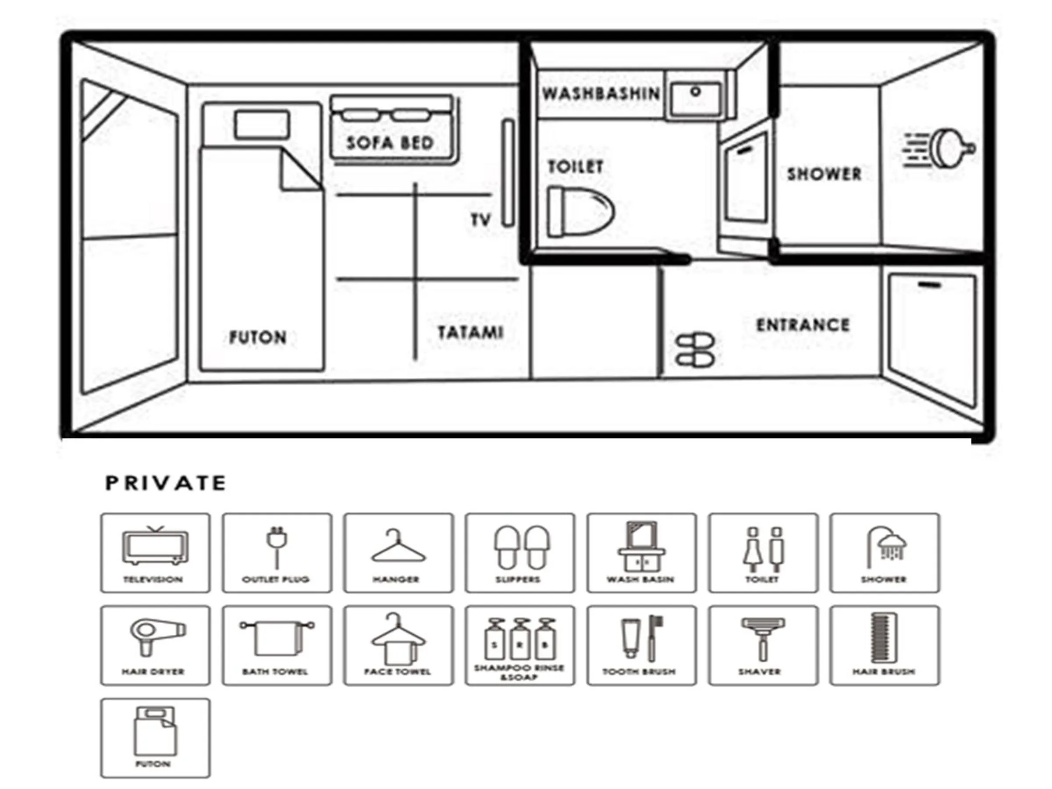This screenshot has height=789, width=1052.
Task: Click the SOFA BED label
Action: click(x=390, y=142)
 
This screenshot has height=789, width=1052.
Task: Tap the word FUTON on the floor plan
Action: click(x=258, y=337)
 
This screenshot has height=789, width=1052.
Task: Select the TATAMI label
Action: click(x=470, y=332)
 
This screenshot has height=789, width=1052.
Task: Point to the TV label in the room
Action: click(x=481, y=220)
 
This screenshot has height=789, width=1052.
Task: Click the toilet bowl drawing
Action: click(x=580, y=212)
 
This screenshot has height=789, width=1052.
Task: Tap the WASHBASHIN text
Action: click(x=601, y=94)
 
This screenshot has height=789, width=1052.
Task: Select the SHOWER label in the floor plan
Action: click(x=824, y=174)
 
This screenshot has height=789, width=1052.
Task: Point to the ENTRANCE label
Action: click(x=803, y=325)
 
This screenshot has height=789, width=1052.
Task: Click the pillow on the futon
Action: click(x=262, y=125)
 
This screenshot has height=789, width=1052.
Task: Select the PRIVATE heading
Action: click(x=166, y=483)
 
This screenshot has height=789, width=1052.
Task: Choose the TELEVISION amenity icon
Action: click(x=155, y=552)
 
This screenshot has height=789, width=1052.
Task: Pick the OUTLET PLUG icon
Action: click(x=277, y=552)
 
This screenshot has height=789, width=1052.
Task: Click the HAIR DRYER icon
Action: click(x=155, y=645)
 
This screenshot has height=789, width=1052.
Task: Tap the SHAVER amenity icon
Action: click(x=763, y=645)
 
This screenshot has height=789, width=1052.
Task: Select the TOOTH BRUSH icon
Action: click(x=641, y=645)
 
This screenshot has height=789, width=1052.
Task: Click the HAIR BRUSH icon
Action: click(x=885, y=645)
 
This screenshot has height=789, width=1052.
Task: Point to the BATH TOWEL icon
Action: click(x=277, y=645)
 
